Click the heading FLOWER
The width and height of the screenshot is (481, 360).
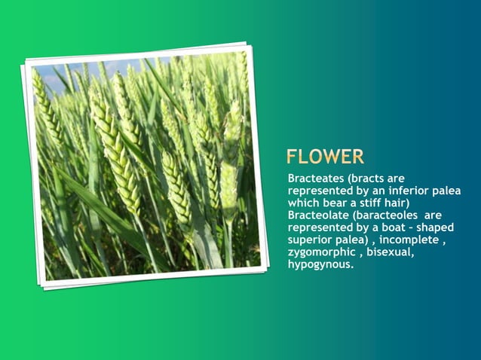click(325, 157)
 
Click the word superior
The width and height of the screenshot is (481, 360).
click(312, 240)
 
